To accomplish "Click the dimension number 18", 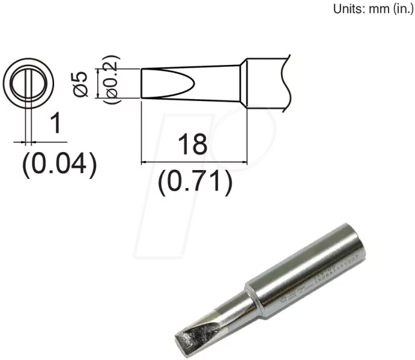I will [193, 144].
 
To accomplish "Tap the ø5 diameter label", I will [79, 84].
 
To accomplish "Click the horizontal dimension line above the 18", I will [193, 162].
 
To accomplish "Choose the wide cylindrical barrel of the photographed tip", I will [309, 270].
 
